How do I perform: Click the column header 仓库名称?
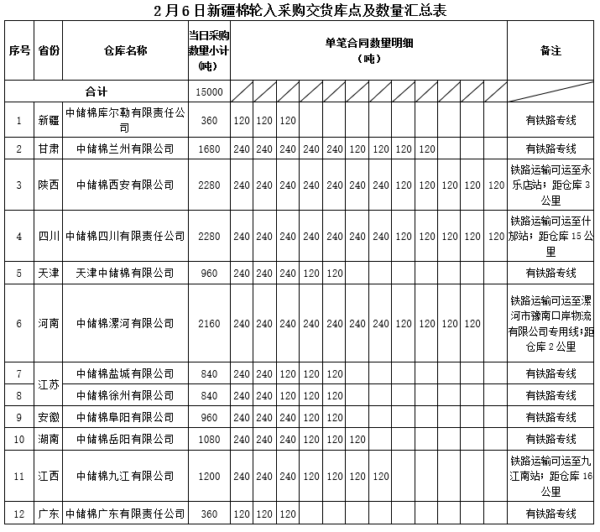coord(125,50)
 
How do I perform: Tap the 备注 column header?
coord(550,50)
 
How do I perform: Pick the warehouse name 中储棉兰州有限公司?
coord(125,149)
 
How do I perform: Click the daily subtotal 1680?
coord(209,149)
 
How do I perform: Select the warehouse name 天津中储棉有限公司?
coord(125,273)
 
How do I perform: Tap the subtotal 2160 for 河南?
coord(209,323)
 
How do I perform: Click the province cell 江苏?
coord(49,383)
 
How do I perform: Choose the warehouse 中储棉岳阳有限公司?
coord(125,438)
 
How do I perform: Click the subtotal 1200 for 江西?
coord(209,476)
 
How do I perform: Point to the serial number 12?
coord(19,514)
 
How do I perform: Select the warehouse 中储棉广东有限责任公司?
coord(125,514)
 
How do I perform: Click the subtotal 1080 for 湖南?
coord(209,438)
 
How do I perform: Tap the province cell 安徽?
coord(49,416)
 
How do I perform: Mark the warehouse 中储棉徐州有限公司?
coord(125,394)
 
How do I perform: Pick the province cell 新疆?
coord(49,120)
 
